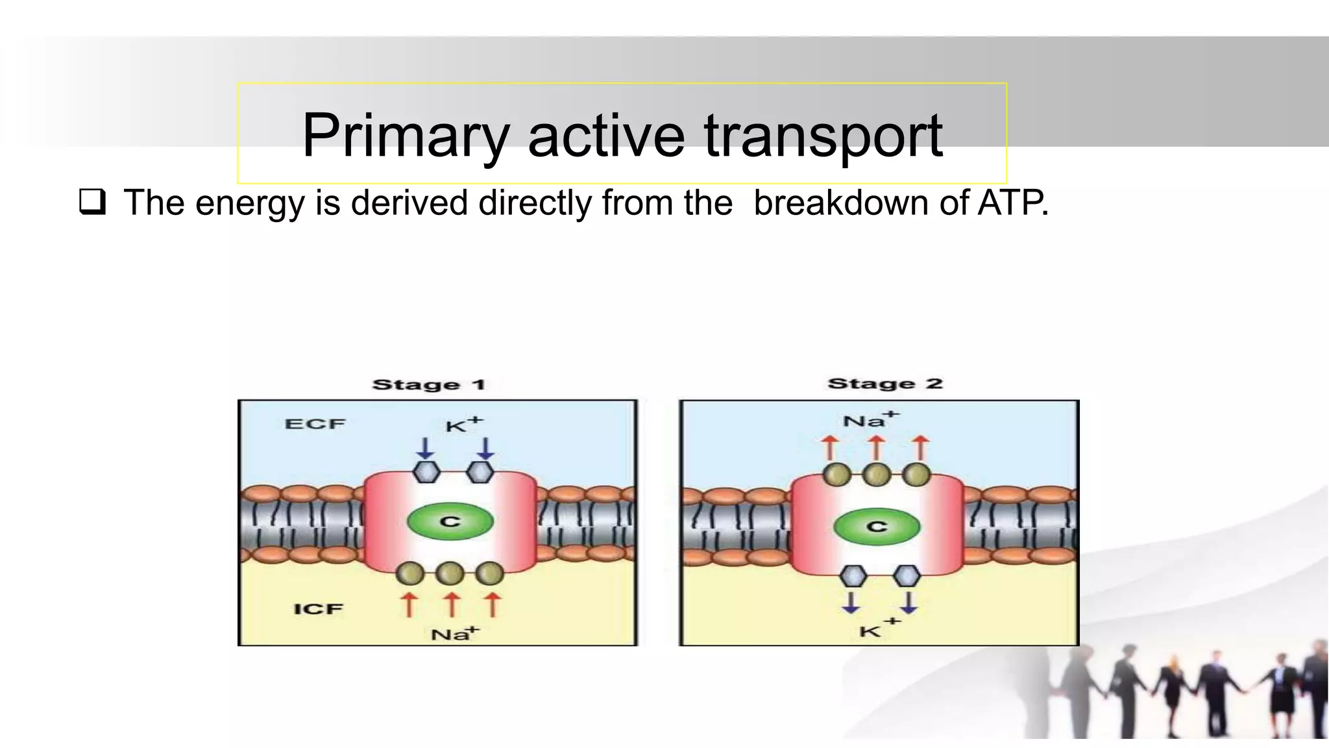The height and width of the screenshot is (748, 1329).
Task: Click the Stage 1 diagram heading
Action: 429,384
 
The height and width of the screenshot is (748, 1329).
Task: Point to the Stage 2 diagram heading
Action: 885,383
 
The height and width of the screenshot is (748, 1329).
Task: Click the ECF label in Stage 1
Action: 315,424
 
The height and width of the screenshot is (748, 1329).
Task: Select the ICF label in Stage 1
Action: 318,609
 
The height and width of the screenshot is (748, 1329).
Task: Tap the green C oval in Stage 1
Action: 450,521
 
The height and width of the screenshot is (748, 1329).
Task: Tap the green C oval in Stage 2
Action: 877,526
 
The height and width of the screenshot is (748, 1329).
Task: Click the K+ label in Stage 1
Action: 463,425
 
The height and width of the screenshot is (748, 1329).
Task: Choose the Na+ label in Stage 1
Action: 454,633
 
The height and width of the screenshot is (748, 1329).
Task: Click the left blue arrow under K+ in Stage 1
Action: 426,448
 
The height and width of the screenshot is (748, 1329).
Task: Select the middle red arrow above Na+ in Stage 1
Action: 452,604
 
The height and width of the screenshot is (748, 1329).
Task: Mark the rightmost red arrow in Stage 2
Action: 920,448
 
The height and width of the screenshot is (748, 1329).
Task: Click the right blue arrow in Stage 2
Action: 908,602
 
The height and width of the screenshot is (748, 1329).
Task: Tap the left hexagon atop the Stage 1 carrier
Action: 426,472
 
